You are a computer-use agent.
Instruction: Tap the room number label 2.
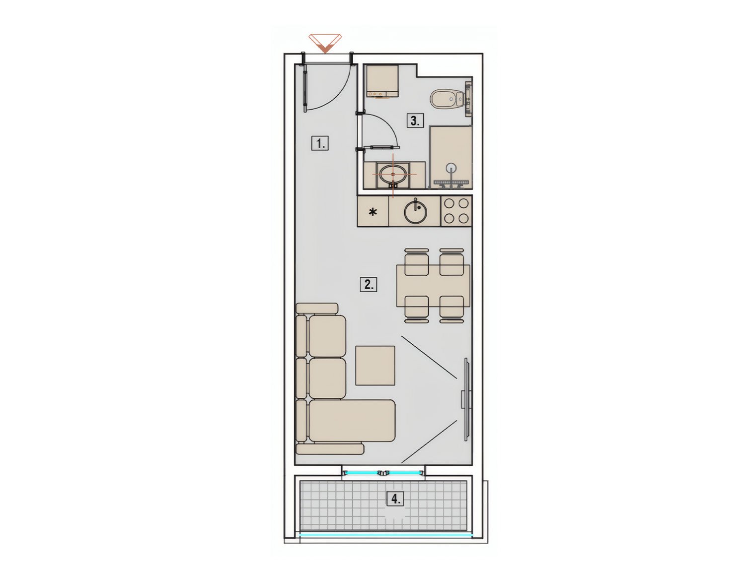tap(368, 284)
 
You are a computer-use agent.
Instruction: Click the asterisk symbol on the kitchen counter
tap(373, 213)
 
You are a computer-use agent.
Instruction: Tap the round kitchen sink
tap(414, 212)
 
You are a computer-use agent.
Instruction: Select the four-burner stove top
tap(456, 211)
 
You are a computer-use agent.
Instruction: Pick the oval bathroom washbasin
tap(393, 174)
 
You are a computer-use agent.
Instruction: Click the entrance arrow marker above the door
tap(325, 43)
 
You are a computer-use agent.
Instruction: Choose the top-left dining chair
tap(416, 262)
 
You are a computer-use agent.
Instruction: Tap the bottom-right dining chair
tap(451, 309)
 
